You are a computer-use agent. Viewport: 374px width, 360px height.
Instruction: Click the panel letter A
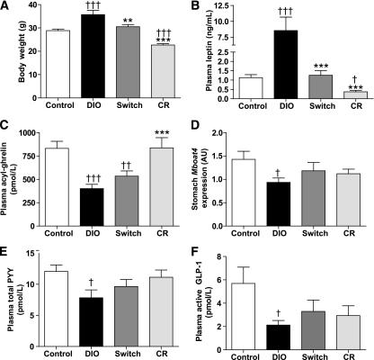(x=6, y=7)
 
